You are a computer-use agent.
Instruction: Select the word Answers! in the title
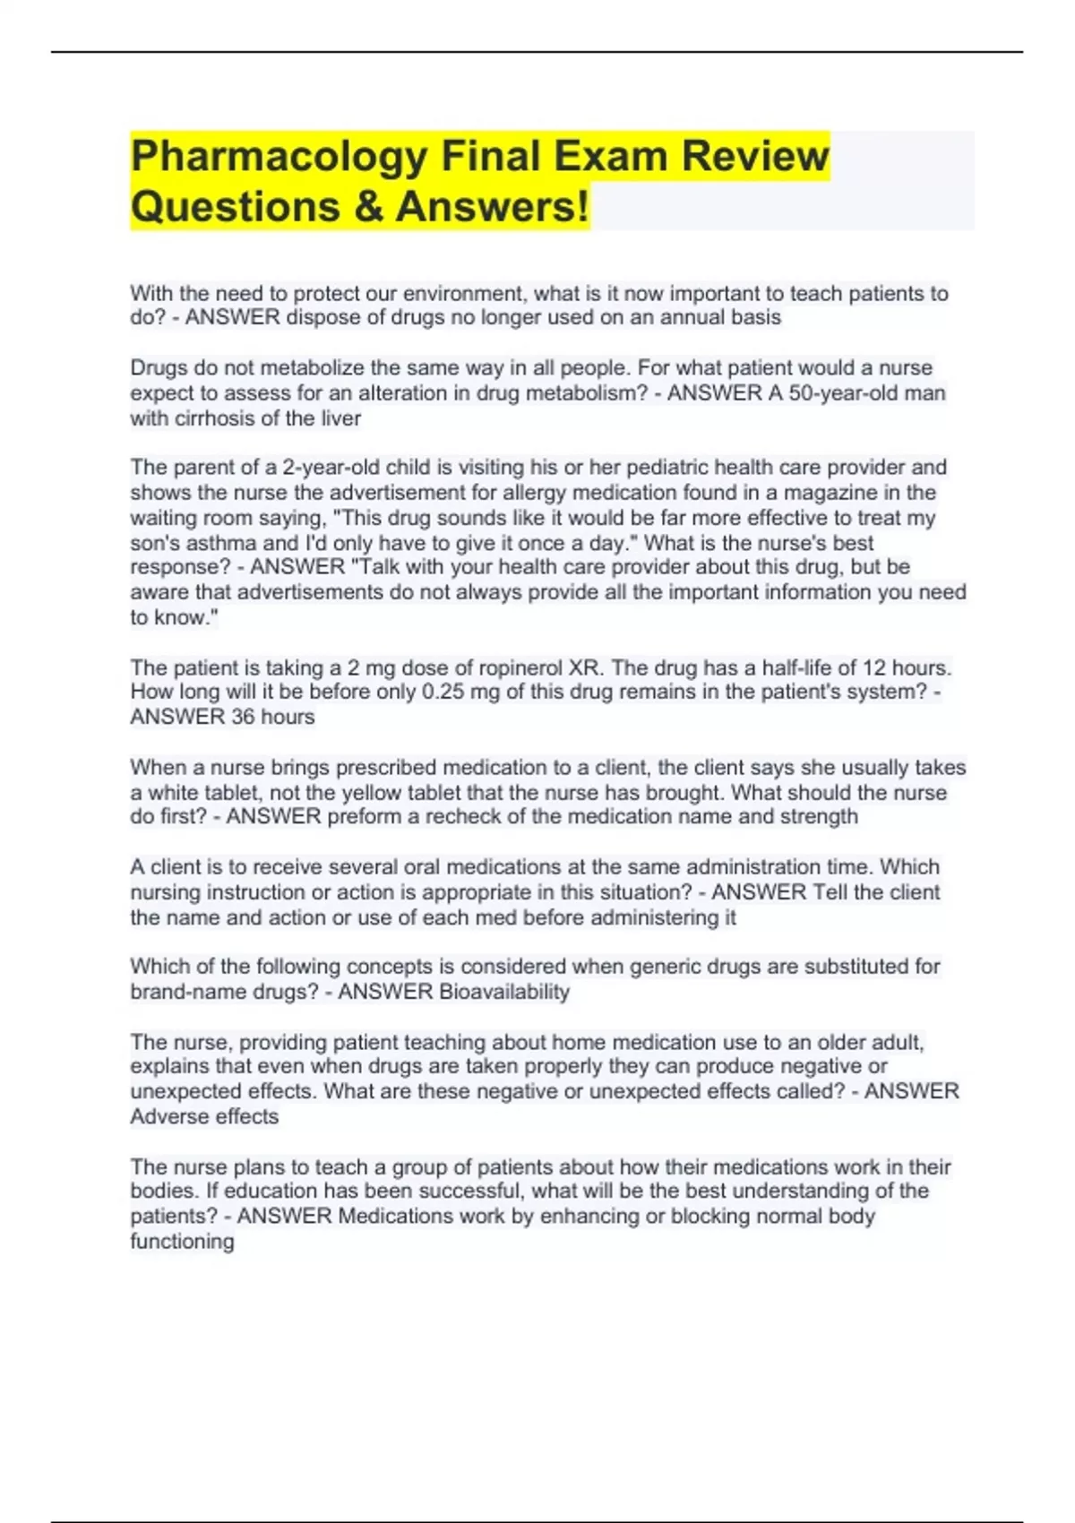(x=493, y=207)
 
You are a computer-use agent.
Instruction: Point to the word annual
(x=691, y=318)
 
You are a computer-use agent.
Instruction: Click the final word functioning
(x=182, y=1242)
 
